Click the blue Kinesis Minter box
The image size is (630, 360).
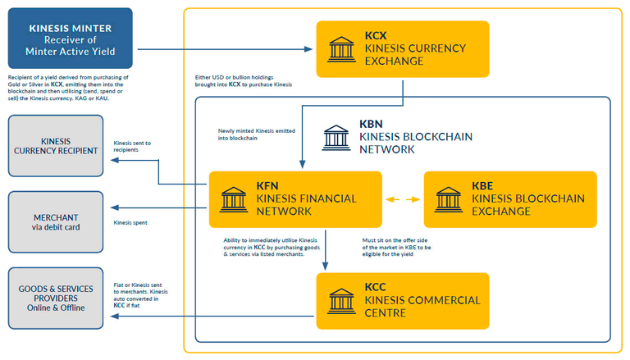pyautogui.click(x=71, y=39)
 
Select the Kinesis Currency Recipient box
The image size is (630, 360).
pyautogui.click(x=56, y=146)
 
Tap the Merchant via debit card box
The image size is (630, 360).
pyautogui.click(x=56, y=221)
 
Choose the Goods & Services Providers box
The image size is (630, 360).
pyautogui.click(x=56, y=298)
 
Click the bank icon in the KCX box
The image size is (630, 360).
pyautogui.click(x=341, y=49)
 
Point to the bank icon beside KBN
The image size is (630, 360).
pyautogui.click(x=336, y=138)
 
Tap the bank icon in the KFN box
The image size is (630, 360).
pyautogui.click(x=234, y=200)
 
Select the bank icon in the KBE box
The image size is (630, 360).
pyautogui.click(x=449, y=200)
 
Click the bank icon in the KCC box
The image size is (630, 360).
pyautogui.click(x=341, y=301)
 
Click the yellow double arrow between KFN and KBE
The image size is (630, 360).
pyautogui.click(x=403, y=199)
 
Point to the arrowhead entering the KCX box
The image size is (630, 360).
pyautogui.click(x=308, y=49)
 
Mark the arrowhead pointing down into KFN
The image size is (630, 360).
pyautogui.click(x=302, y=164)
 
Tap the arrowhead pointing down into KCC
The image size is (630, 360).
pyautogui.click(x=326, y=266)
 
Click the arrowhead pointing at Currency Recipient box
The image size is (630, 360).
pyautogui.click(x=115, y=160)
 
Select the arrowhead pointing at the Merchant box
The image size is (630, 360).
pyautogui.click(x=115, y=207)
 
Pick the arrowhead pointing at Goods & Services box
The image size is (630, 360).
pyautogui.click(x=115, y=317)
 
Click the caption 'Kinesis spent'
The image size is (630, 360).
pyautogui.click(x=130, y=222)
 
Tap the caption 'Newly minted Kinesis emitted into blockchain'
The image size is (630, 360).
pyautogui.click(x=256, y=134)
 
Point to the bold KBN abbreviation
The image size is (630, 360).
pyautogui.click(x=371, y=124)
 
